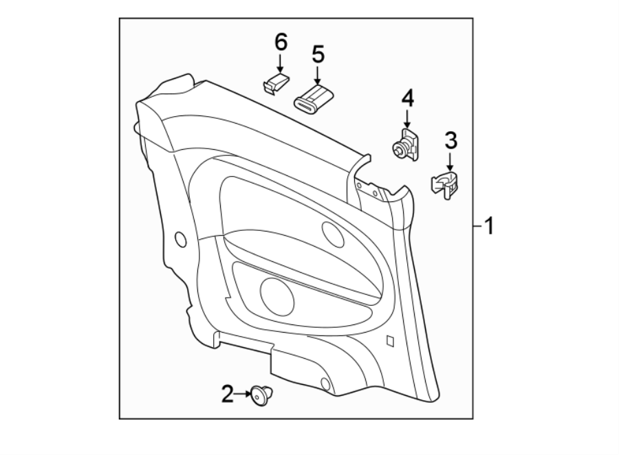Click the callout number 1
coord(489,225)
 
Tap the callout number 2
coord(228,394)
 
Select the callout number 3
coord(450,142)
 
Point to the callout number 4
coord(407,98)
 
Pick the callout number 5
coord(317,54)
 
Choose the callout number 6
coord(280,42)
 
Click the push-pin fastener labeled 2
coord(261,395)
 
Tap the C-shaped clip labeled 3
coord(445,185)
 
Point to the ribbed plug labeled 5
coord(314,98)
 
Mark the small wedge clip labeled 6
coord(273,85)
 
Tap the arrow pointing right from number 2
coord(243,394)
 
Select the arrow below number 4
coord(407,118)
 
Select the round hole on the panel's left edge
coord(181,239)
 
